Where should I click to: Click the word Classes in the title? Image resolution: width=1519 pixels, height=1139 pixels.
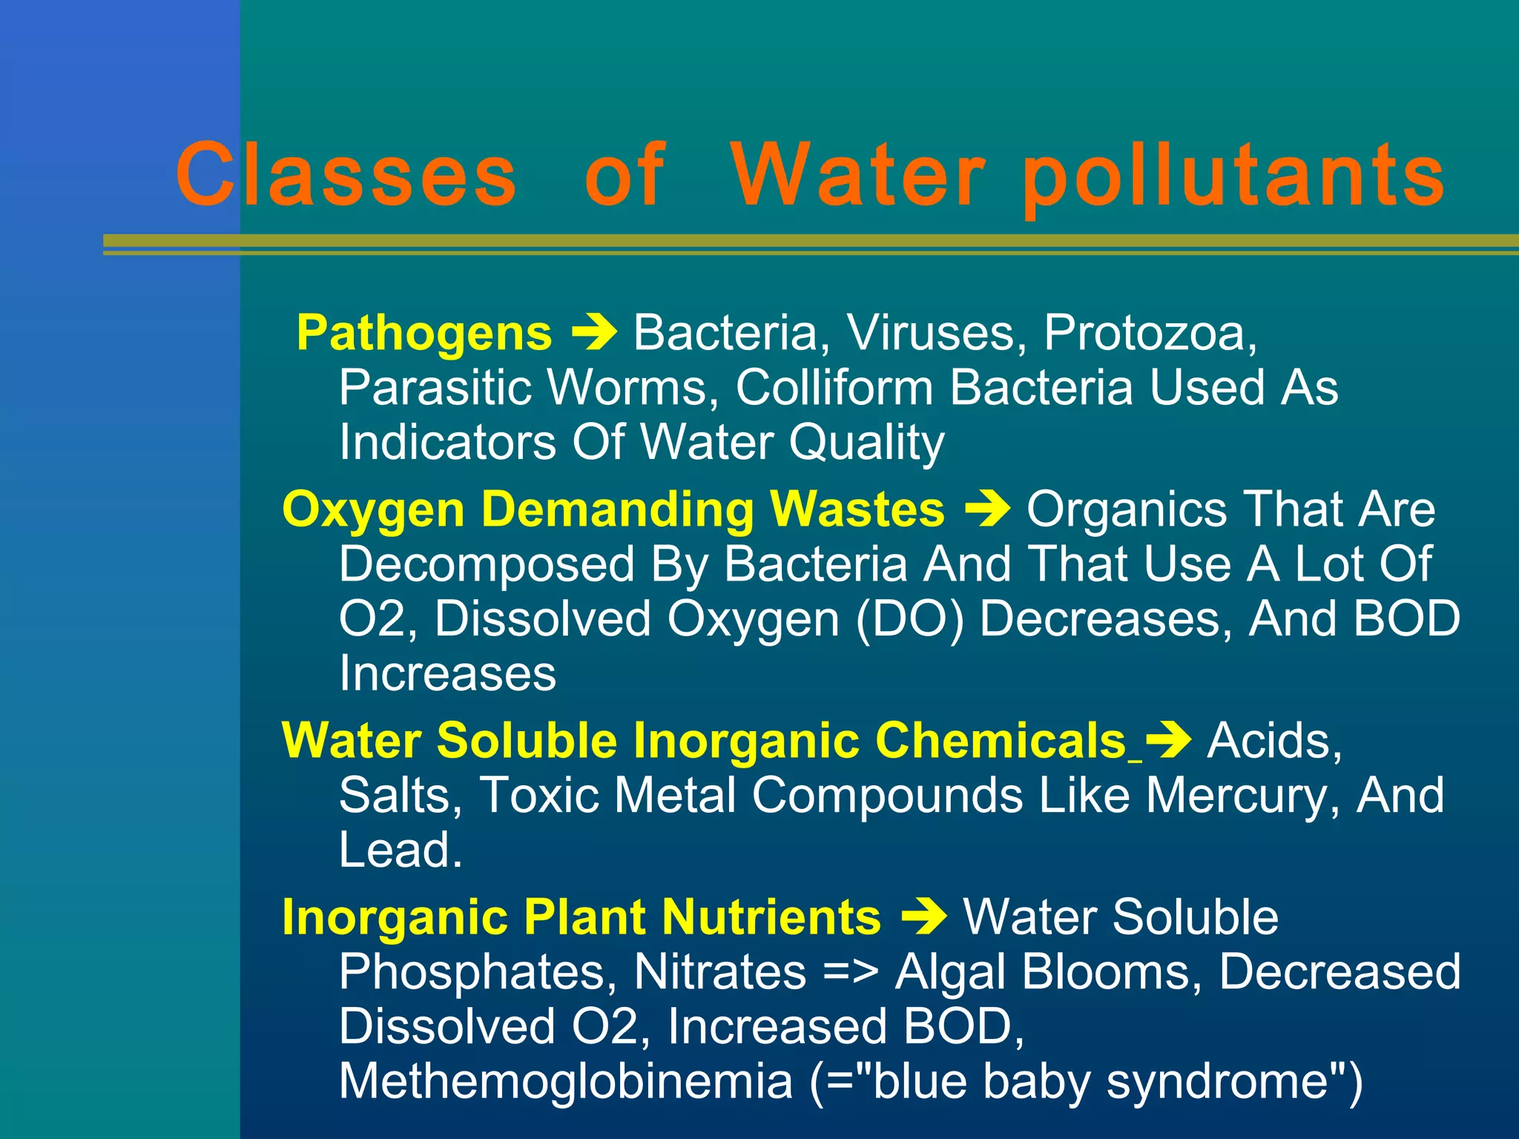click(x=346, y=175)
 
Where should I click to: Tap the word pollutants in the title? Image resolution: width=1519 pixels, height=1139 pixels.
click(x=1233, y=178)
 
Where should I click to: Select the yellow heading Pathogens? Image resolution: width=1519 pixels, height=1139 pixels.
click(x=424, y=333)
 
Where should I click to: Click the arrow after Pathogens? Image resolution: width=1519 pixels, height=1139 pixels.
click(x=594, y=332)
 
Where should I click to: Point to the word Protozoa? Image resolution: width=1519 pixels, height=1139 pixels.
click(x=1150, y=333)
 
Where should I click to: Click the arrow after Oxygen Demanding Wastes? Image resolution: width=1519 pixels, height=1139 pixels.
click(x=987, y=509)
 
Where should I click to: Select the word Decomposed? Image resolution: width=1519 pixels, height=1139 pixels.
click(x=487, y=565)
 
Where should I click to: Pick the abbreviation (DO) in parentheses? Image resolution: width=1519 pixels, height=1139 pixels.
click(x=910, y=619)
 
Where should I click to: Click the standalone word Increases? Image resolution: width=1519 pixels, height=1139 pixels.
click(x=447, y=674)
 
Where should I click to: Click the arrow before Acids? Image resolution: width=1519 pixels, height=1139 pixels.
click(x=1168, y=741)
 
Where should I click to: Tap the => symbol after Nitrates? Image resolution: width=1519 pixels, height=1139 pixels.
click(x=851, y=972)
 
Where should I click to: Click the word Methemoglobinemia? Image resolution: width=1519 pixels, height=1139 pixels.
click(x=566, y=1082)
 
